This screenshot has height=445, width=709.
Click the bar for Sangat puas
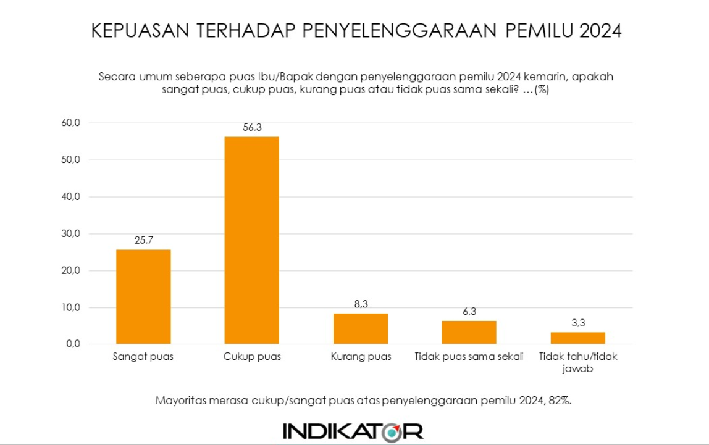143,297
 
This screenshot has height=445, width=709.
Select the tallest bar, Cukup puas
251,240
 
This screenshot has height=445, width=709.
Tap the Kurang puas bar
361,329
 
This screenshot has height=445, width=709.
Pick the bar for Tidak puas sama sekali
469,333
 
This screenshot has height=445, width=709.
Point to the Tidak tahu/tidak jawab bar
577,338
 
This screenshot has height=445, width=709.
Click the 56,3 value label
251,128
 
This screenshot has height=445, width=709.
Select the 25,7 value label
143,241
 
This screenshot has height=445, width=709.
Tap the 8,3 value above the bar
361,305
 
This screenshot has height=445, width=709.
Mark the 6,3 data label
469,312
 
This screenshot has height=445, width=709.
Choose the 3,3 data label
577,323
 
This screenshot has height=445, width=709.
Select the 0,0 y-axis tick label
74,344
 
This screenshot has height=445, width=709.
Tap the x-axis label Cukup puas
252,357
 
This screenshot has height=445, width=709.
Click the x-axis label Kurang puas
361,357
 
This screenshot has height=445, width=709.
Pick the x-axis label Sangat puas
143,357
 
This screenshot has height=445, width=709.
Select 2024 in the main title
600,31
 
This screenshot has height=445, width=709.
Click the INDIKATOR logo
353,430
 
